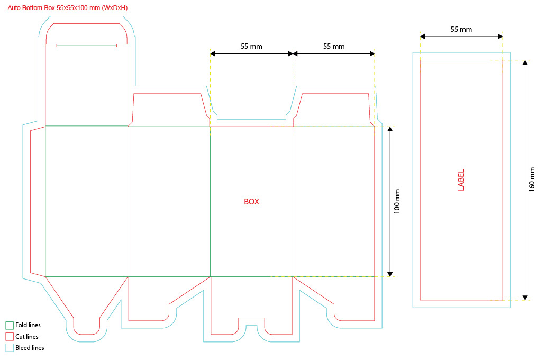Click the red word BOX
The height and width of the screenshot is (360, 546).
coord(251,202)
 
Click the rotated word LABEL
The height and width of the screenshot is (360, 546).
coord(461,180)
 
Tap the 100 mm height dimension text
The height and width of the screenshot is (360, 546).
coord(397,201)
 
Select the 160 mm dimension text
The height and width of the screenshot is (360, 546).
coord(532,179)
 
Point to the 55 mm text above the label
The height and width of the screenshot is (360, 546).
coord(461,30)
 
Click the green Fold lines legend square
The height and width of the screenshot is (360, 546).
coord(9,325)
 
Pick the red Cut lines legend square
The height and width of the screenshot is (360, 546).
coord(9,337)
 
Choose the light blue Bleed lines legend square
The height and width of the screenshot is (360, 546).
coord(9,348)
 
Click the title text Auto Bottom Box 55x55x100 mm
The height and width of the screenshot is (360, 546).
coord(67,8)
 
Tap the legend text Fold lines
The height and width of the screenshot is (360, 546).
coord(28,325)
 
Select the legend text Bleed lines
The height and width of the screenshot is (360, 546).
coord(30,348)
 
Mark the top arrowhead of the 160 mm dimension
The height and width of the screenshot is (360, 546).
coord(525,63)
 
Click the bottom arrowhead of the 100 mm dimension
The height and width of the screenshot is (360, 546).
coord(390,274)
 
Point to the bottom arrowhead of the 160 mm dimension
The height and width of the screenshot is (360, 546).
coord(525,297)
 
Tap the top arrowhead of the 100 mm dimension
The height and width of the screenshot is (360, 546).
coord(390,130)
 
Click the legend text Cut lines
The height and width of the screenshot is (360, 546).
coord(27,337)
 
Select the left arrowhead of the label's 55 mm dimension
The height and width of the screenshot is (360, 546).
coord(423,37)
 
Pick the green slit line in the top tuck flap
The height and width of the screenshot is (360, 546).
coord(86,46)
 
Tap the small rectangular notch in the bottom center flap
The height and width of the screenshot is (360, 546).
coord(251,322)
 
